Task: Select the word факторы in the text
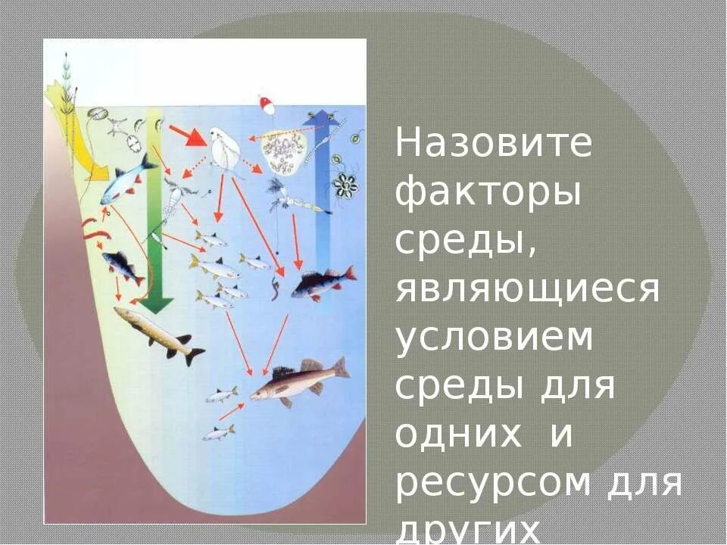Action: pyautogui.click(x=488, y=194)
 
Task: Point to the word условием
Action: pyautogui.click(x=494, y=338)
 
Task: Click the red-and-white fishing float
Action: pyautogui.click(x=266, y=104)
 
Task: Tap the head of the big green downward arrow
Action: pyautogui.click(x=157, y=304)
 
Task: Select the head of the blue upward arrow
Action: pyautogui.click(x=323, y=117)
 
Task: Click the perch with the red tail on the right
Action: pyautogui.click(x=323, y=282)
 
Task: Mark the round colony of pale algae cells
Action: pyautogui.click(x=283, y=151)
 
